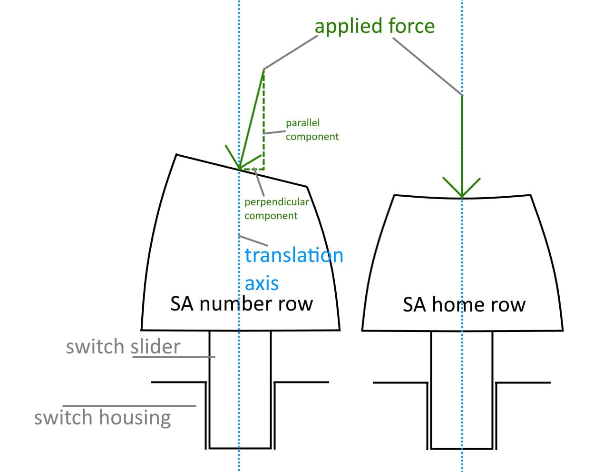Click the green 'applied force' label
[374, 26]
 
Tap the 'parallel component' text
[312, 130]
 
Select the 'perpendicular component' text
[276, 209]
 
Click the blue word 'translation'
[293, 256]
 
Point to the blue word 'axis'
[261, 283]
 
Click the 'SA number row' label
[242, 303]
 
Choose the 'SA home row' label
[464, 304]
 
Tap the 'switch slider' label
[123, 346]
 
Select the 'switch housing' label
[102, 417]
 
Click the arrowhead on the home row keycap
[462, 191]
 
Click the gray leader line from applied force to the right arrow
[427, 66]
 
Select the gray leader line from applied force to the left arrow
[290, 52]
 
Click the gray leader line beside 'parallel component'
[274, 132]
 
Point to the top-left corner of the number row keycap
[176, 154]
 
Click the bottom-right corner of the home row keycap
[563, 330]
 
